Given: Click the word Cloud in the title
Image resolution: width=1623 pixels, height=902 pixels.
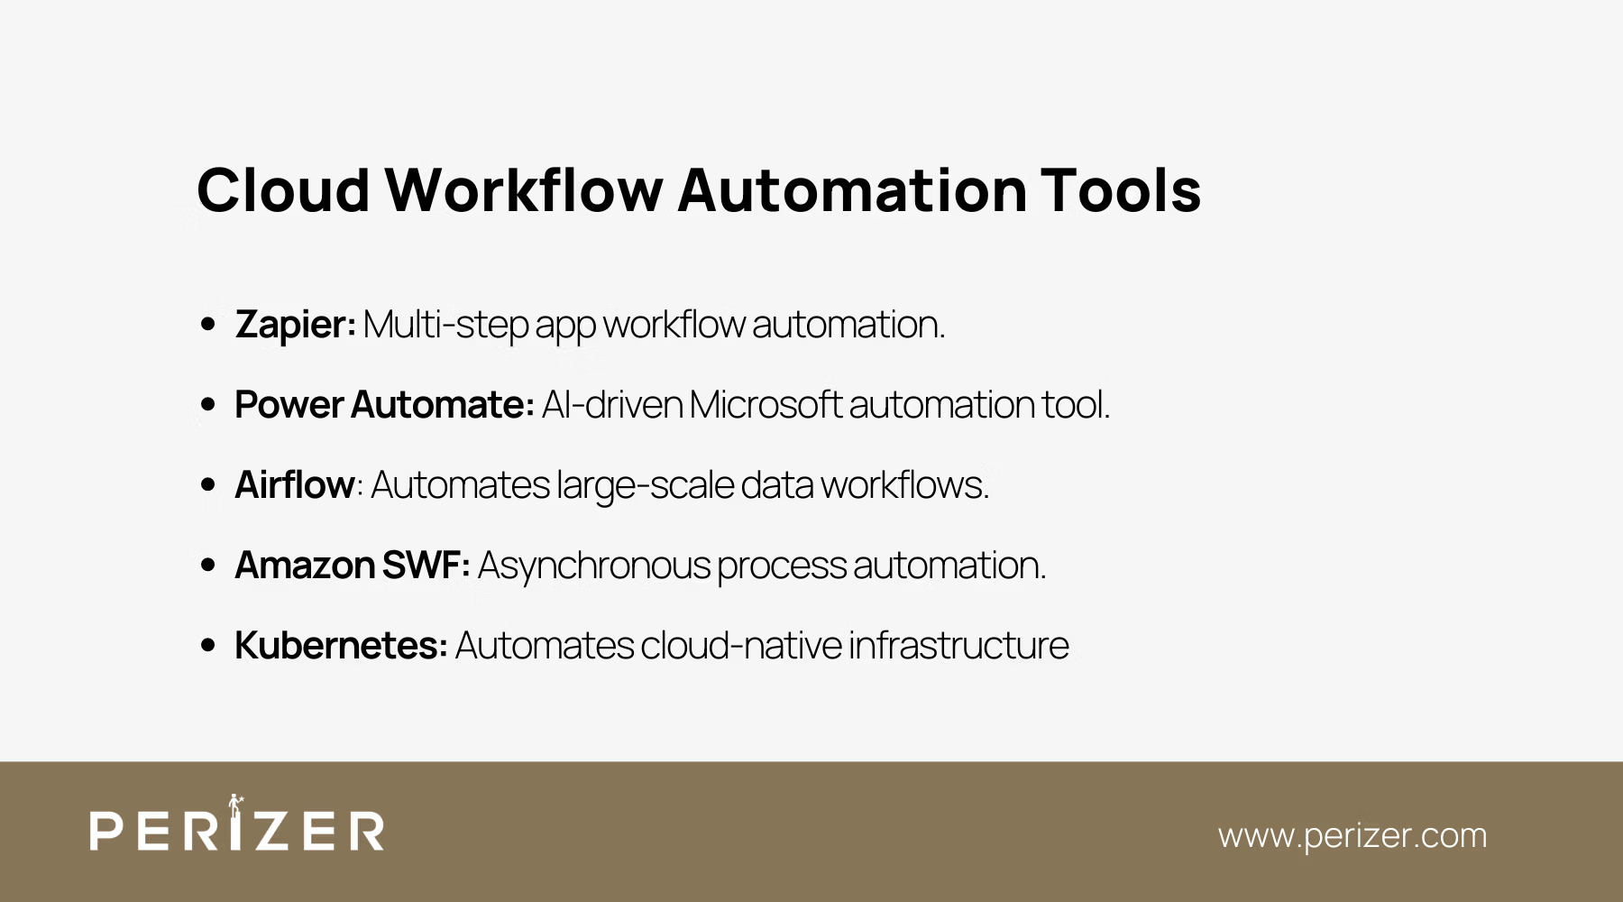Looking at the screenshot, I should tap(283, 190).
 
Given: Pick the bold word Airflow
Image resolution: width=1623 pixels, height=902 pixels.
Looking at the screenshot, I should tap(294, 485).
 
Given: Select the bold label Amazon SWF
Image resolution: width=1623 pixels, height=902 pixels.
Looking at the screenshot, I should tap(351, 566).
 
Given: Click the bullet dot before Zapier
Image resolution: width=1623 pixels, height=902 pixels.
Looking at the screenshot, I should tap(208, 325).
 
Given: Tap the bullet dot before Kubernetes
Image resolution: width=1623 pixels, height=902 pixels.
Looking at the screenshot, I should tap(208, 646).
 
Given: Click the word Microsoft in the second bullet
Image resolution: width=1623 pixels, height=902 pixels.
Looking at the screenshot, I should tap(766, 405).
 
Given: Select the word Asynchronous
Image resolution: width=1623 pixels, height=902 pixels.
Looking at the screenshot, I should tap(594, 566).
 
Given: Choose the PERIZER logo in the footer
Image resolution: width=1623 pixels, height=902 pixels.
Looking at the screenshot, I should tap(237, 829).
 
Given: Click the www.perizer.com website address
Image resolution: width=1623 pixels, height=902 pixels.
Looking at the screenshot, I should tap(1352, 835).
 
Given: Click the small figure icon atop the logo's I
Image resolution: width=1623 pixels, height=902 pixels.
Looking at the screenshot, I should tap(235, 804).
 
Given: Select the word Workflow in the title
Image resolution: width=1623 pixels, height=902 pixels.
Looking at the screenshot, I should tap(524, 190).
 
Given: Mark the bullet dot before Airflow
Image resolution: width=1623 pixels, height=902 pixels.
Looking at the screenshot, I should tap(208, 485).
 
